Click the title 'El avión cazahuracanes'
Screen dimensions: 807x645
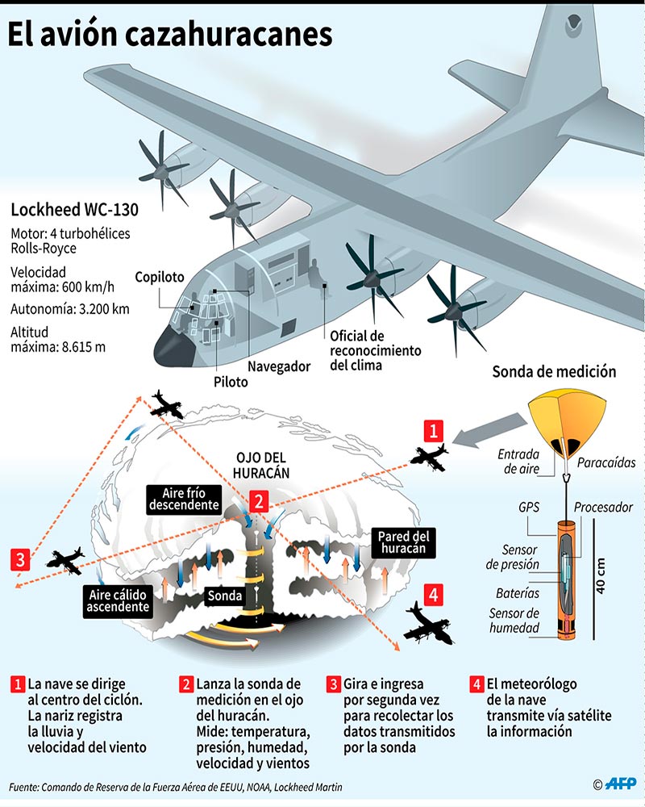(170, 34)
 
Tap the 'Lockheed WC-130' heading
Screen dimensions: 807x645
(74, 210)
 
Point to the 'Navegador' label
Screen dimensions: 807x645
(279, 366)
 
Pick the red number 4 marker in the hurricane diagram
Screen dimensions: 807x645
(434, 595)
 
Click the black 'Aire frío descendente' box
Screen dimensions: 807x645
(184, 498)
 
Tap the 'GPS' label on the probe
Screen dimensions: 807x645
(529, 507)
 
